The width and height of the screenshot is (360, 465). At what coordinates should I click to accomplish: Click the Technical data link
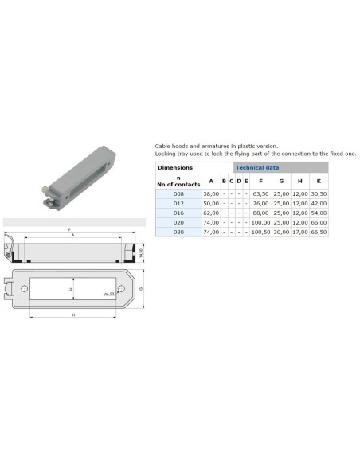click(x=256, y=168)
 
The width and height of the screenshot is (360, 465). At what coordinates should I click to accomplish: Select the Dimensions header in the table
click(x=174, y=168)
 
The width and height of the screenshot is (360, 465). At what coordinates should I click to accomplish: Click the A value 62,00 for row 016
click(x=210, y=213)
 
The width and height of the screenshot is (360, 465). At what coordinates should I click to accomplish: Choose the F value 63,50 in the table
click(x=260, y=193)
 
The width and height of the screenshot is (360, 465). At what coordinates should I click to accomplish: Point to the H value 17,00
click(x=299, y=232)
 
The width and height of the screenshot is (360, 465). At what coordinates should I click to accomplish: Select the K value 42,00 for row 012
click(x=318, y=203)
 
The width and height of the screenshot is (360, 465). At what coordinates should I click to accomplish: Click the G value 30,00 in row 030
click(x=280, y=232)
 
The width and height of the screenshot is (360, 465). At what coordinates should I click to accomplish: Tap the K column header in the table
click(x=318, y=181)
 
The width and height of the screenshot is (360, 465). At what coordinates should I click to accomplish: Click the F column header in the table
click(x=260, y=181)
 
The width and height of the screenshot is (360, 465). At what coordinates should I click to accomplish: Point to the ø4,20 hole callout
click(x=110, y=294)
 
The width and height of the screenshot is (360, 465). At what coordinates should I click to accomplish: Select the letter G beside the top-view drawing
click(x=140, y=288)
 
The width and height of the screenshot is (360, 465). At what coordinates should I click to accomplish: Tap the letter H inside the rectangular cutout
click(x=72, y=289)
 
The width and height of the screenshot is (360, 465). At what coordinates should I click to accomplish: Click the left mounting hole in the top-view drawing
click(x=25, y=288)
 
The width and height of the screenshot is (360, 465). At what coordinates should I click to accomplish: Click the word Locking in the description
click(x=166, y=154)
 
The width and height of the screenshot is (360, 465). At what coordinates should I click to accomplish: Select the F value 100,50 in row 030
click(x=260, y=232)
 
